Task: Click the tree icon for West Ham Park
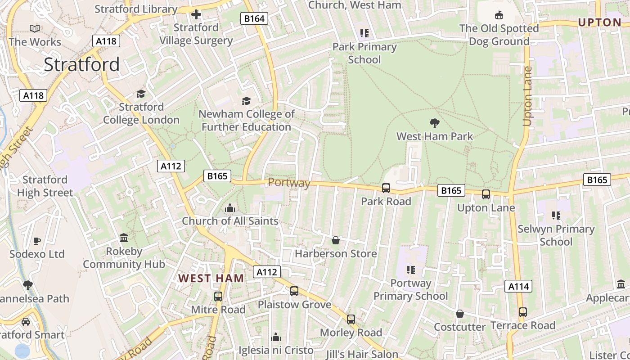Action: (x=434, y=123)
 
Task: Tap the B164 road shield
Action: (x=255, y=18)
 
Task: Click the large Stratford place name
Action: (x=81, y=65)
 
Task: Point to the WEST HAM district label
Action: (x=211, y=278)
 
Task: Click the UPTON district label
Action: (x=599, y=22)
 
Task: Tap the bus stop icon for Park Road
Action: (x=386, y=188)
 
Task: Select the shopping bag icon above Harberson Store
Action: (x=335, y=240)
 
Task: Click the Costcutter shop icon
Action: (x=459, y=313)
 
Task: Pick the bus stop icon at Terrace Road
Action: (x=522, y=312)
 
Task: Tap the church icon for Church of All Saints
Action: (x=230, y=208)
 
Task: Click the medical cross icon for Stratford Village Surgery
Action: (x=196, y=14)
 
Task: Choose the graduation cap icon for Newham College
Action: (x=246, y=101)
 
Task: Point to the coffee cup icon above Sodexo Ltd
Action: (x=37, y=240)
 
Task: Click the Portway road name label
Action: (x=289, y=183)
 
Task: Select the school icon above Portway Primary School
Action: (x=410, y=270)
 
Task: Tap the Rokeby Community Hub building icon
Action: (x=124, y=238)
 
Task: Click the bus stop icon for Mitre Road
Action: (x=218, y=296)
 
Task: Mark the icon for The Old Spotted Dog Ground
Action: (x=499, y=15)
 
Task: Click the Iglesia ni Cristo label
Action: (x=276, y=350)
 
